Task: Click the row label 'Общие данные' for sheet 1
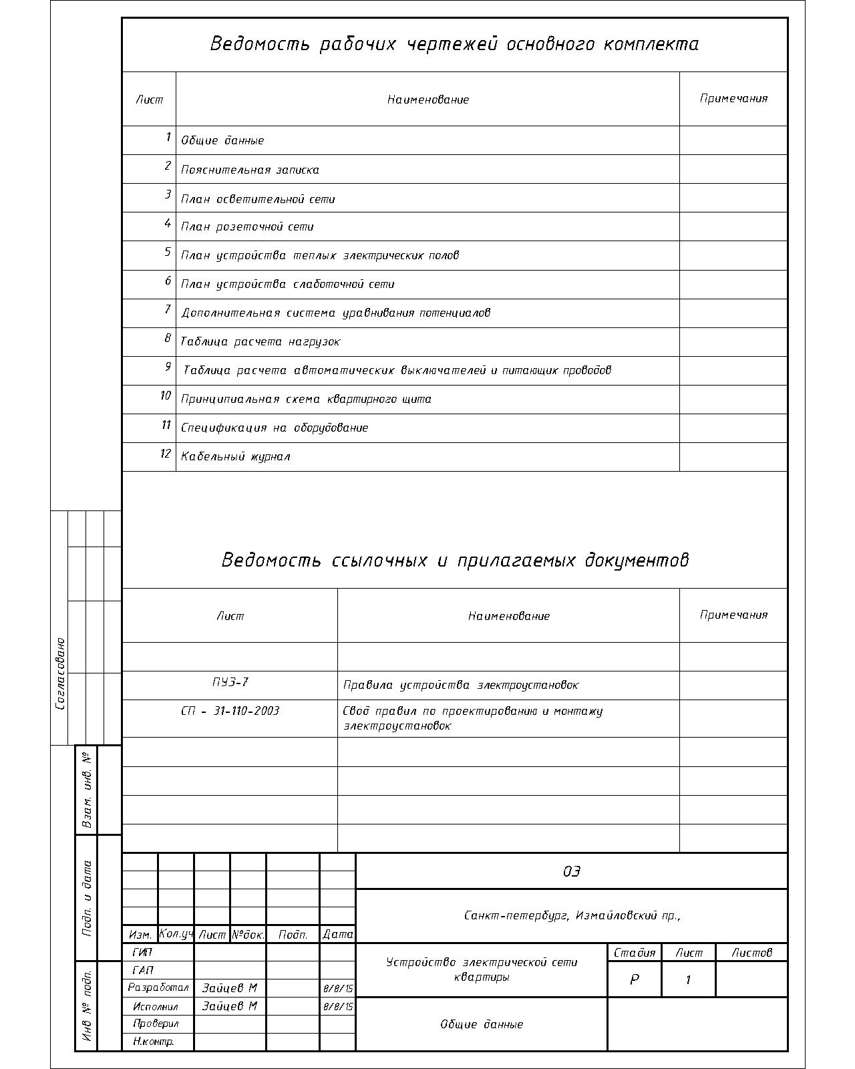tap(222, 141)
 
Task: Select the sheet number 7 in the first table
tap(168, 310)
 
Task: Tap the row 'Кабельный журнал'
tap(235, 457)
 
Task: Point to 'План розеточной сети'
tap(247, 227)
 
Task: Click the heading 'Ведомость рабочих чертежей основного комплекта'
tap(454, 44)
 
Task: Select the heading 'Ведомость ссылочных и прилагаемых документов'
tap(454, 560)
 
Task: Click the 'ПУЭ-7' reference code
tap(230, 682)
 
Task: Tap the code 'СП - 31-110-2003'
tap(230, 711)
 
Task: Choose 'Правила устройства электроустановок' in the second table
tap(461, 685)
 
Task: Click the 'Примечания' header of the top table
tap(733, 99)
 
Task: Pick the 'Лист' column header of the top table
tap(149, 100)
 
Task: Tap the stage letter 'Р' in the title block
tap(634, 979)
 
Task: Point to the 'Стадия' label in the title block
tap(634, 953)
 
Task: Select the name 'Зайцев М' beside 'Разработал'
tap(229, 988)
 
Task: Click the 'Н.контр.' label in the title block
tap(154, 1042)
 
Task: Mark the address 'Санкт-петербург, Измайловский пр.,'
tap(572, 915)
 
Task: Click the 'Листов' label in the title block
tap(751, 953)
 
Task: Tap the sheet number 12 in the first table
tap(166, 454)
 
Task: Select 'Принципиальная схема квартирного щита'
tap(306, 400)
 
